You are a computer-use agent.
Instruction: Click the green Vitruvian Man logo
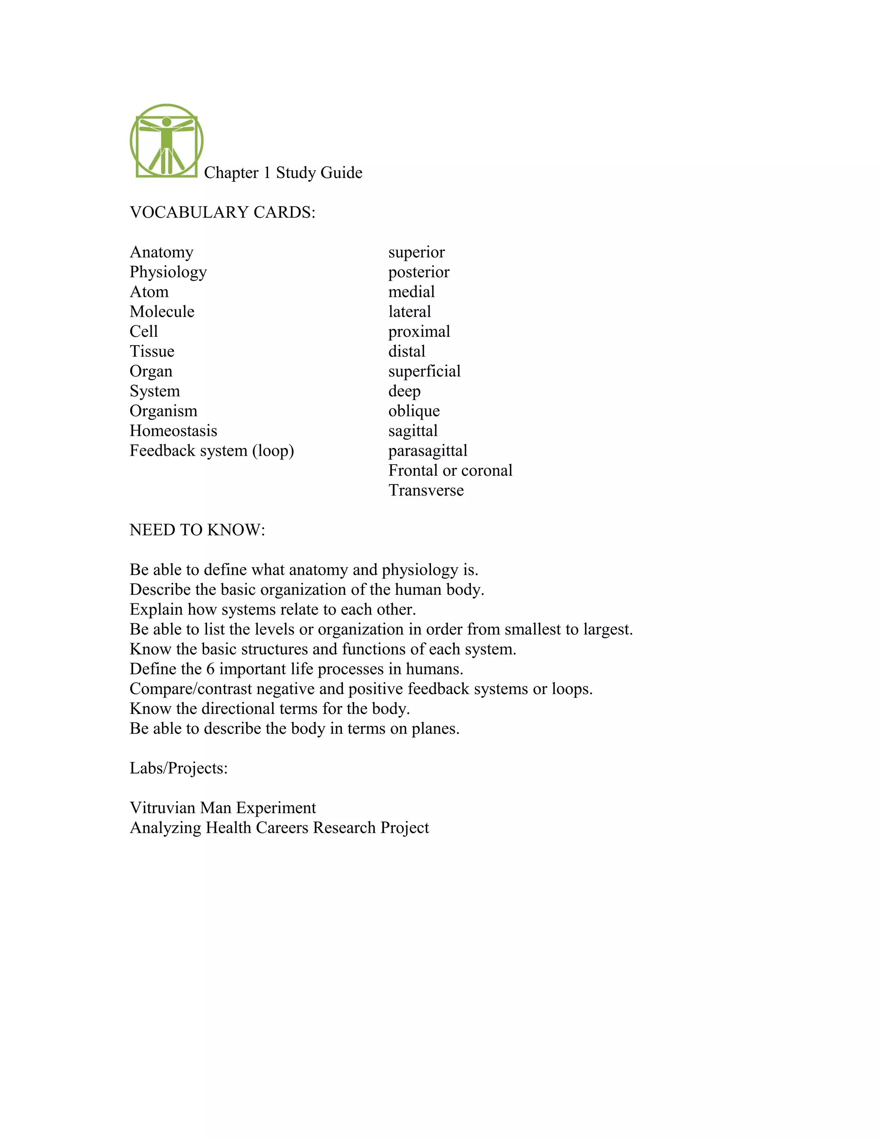click(x=166, y=141)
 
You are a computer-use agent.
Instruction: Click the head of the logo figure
click(x=166, y=122)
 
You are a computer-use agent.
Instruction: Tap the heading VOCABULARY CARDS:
click(x=223, y=212)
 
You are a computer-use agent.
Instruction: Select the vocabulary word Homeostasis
click(x=173, y=431)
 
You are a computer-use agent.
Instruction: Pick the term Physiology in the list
click(x=168, y=272)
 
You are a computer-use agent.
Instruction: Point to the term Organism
click(x=163, y=411)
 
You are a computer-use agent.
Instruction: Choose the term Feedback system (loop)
click(x=212, y=450)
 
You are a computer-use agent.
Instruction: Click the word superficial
click(x=425, y=371)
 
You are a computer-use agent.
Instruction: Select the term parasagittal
click(x=428, y=450)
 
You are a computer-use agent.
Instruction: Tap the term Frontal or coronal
click(x=450, y=470)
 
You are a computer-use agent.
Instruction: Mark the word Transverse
click(x=426, y=490)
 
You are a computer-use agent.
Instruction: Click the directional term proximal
click(x=419, y=332)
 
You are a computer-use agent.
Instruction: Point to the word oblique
click(x=414, y=411)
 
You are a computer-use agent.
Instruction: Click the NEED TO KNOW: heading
click(x=197, y=530)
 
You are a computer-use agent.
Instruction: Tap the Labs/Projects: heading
click(x=178, y=768)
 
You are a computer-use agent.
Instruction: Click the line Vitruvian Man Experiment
click(x=223, y=808)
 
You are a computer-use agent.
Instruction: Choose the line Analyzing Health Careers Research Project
click(x=279, y=828)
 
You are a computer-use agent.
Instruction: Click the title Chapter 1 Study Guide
click(x=283, y=173)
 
